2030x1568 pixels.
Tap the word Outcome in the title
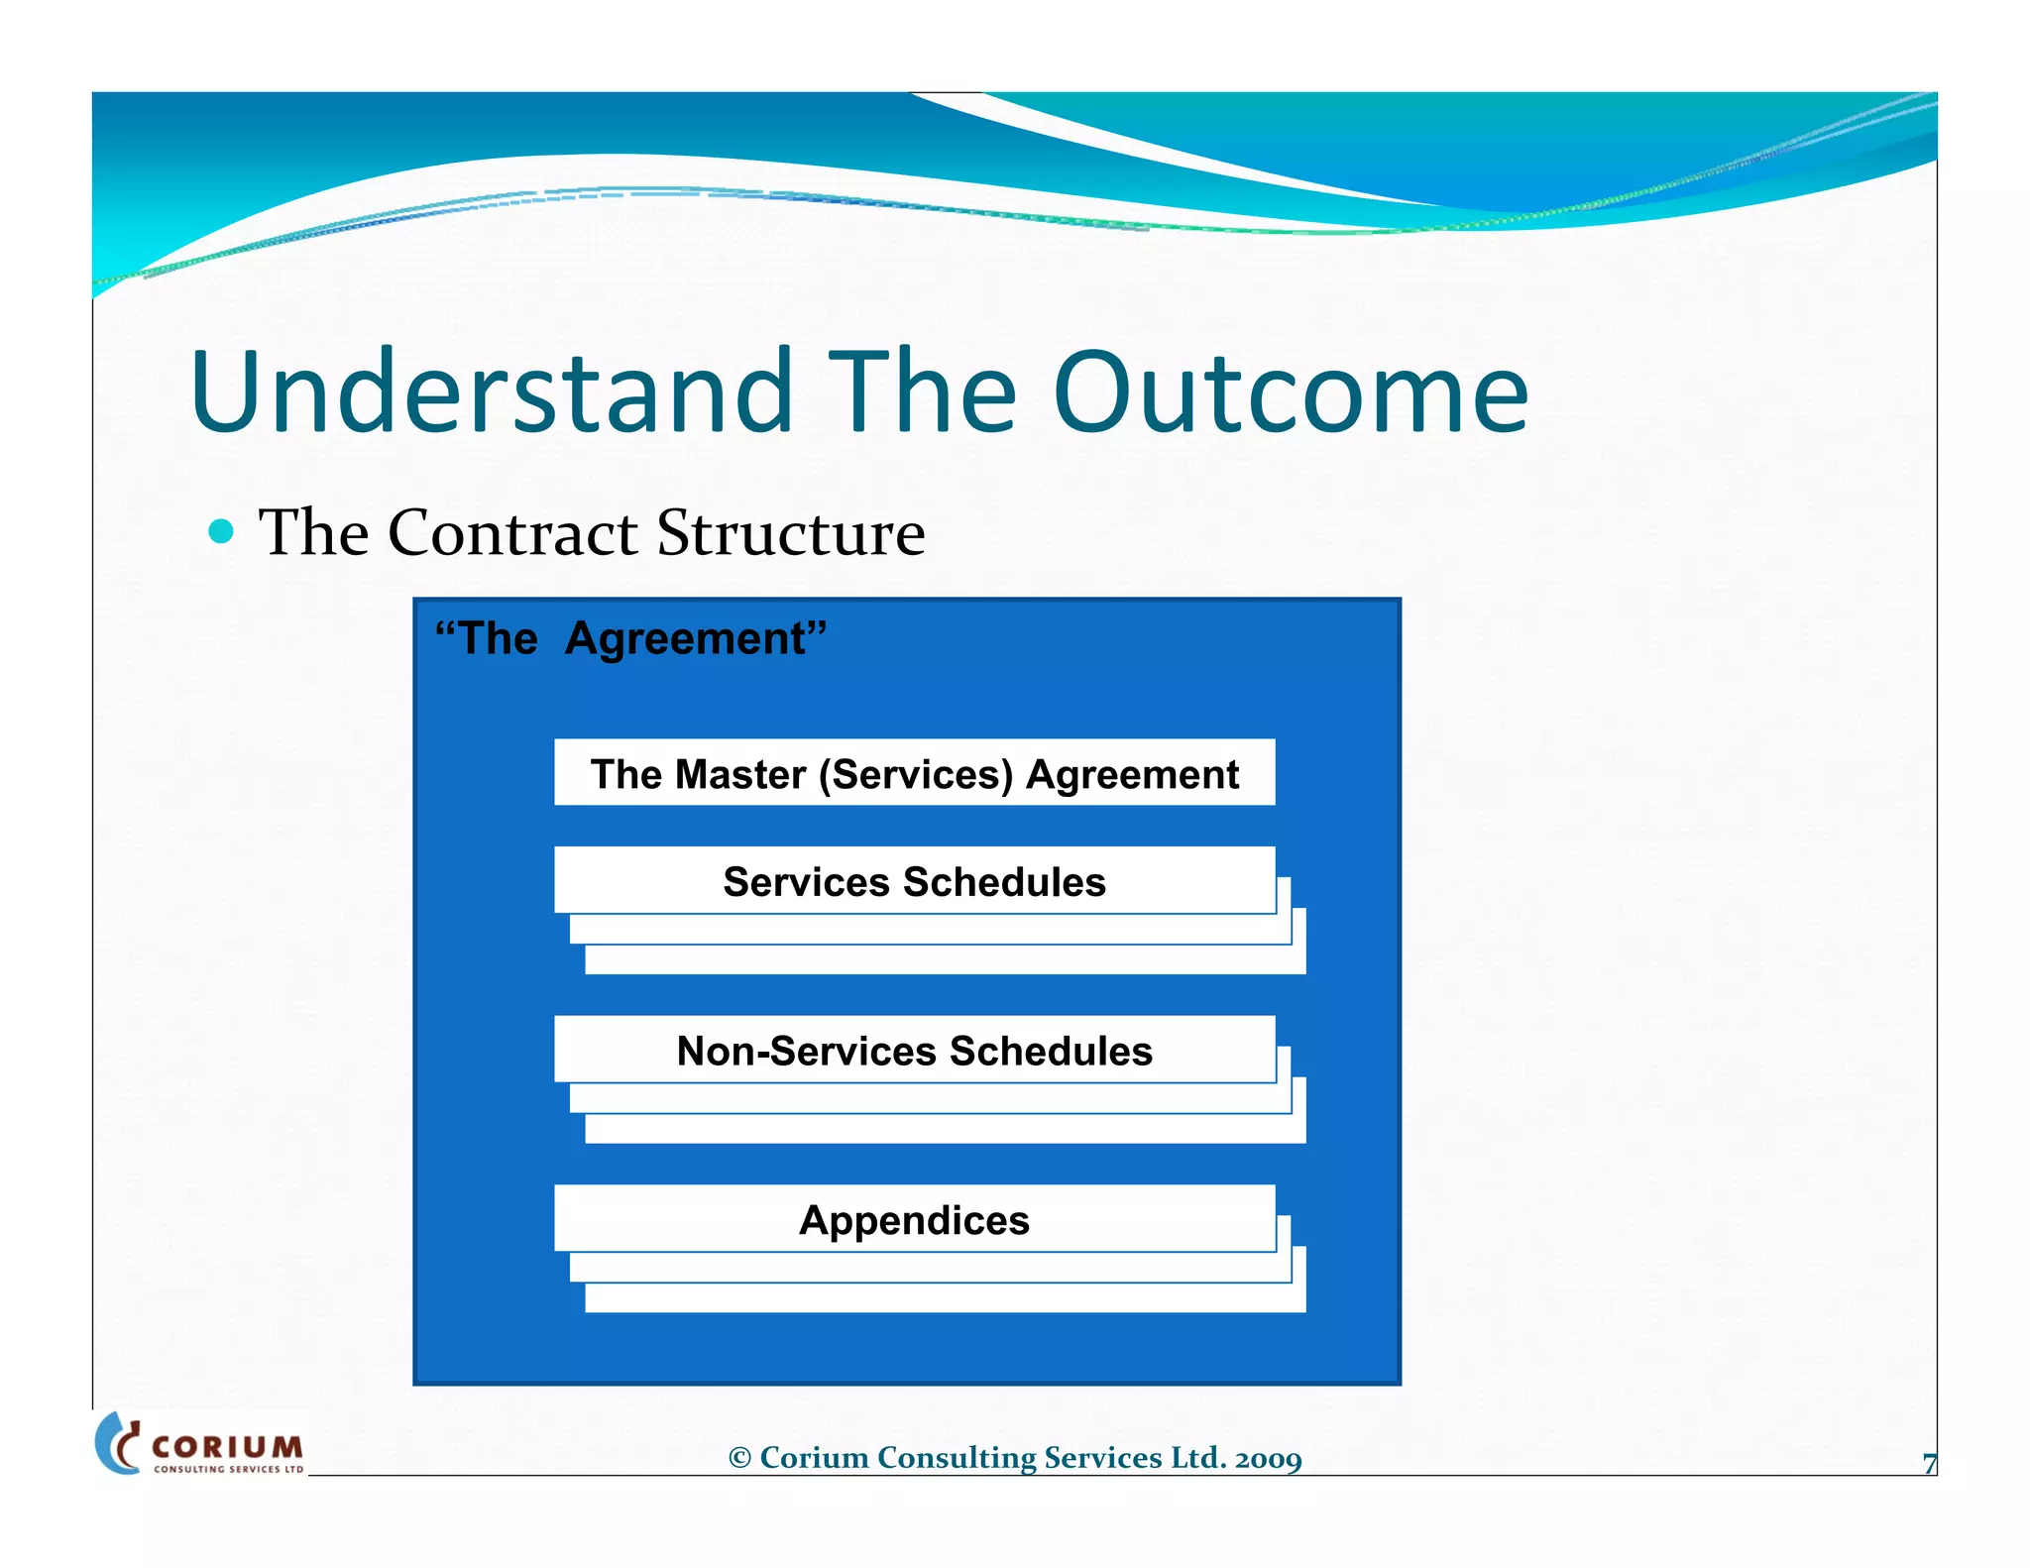point(1290,392)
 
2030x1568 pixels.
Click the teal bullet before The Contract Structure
point(222,532)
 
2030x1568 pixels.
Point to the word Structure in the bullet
point(790,533)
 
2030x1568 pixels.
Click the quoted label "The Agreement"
point(630,638)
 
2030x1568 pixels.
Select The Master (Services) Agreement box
point(914,773)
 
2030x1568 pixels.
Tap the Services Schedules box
point(914,881)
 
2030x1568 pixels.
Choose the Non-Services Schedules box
point(914,1051)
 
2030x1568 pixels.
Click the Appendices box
point(914,1220)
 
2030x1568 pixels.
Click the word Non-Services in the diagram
point(806,1051)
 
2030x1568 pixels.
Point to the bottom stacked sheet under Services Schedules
point(944,960)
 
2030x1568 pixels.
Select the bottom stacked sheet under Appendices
point(944,1298)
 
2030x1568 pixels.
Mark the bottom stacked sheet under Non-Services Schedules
point(944,1129)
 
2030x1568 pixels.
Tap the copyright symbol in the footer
point(739,1458)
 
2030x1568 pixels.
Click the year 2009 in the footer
point(1268,1458)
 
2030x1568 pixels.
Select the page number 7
point(1929,1464)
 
